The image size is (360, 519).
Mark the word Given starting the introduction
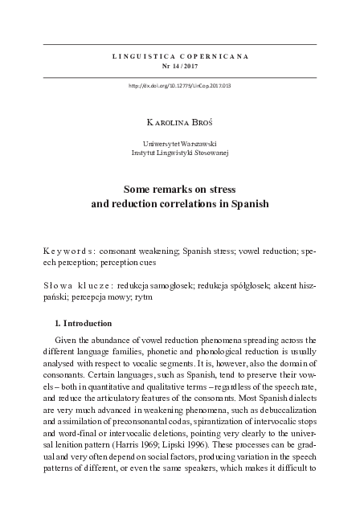(67, 345)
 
